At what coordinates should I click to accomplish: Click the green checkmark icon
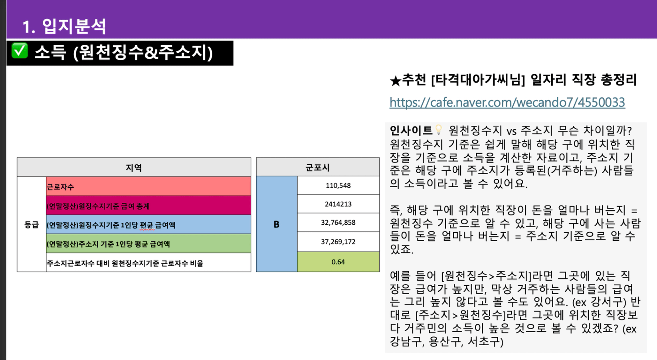tap(20, 50)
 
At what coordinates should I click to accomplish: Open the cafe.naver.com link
tap(507, 102)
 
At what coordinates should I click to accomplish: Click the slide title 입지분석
tap(73, 26)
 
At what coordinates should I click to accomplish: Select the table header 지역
tap(134, 167)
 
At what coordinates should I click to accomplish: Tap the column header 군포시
tap(318, 167)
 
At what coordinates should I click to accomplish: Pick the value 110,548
tap(338, 186)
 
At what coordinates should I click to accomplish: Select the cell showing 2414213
tap(338, 204)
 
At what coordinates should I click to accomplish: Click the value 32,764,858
tap(338, 223)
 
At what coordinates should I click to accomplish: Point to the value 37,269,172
tap(338, 241)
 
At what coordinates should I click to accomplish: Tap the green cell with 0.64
tap(338, 262)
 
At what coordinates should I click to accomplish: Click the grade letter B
tap(276, 225)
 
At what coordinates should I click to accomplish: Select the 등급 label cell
tap(32, 225)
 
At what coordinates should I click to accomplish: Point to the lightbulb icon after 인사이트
tap(439, 130)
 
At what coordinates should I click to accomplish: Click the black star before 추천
tap(396, 81)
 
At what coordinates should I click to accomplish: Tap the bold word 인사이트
tap(411, 131)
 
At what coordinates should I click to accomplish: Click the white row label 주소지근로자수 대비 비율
tap(125, 263)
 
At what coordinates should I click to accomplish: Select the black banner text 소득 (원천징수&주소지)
tap(123, 53)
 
